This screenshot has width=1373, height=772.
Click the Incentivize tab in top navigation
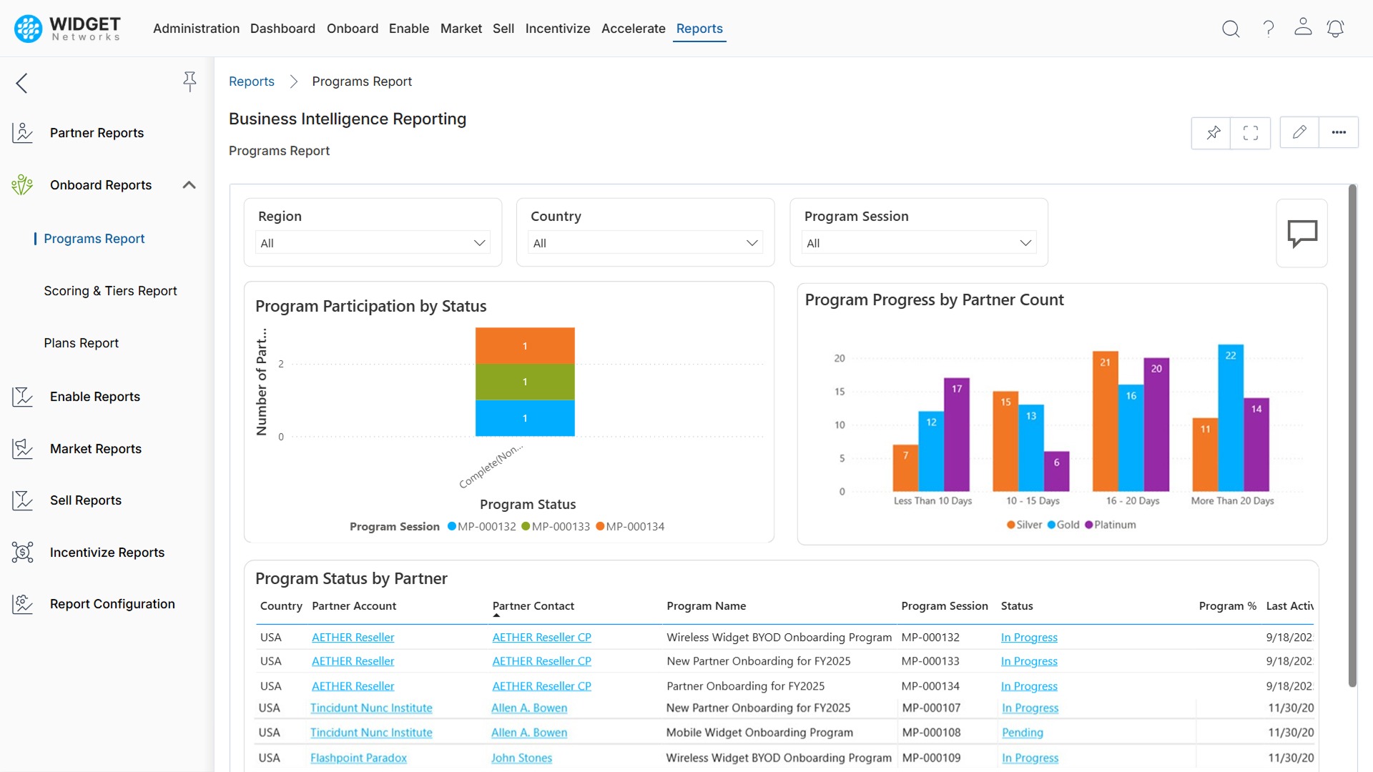point(557,29)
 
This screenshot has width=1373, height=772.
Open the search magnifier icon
point(1230,29)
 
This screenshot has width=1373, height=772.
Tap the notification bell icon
point(1334,29)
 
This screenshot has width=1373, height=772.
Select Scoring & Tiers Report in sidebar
point(110,291)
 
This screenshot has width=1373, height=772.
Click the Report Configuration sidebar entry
point(112,604)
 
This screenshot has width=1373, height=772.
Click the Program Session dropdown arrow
point(1025,243)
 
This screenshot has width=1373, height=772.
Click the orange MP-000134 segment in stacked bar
point(525,345)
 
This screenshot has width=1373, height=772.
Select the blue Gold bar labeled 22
point(1230,418)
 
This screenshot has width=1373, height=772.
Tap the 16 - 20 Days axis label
point(1132,500)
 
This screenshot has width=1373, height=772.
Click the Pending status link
point(1022,733)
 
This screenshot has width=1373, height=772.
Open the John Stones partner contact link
point(521,758)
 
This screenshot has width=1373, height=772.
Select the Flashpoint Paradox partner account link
point(358,758)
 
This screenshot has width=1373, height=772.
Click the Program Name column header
point(706,606)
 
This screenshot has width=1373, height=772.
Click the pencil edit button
point(1299,132)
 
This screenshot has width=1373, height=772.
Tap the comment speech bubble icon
point(1301,233)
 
